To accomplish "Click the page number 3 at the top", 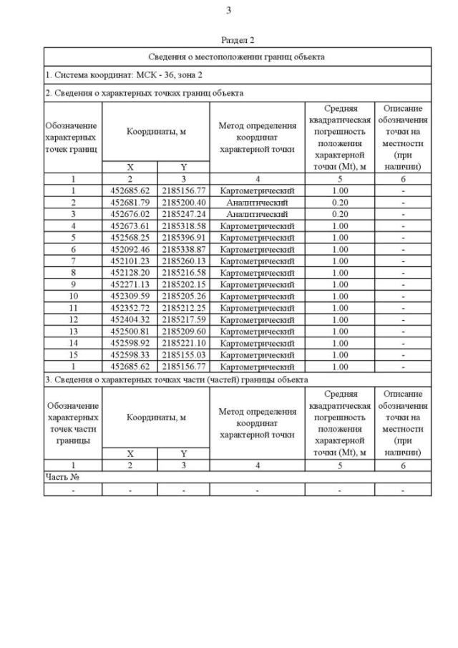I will [x=228, y=10].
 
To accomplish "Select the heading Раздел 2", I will [x=238, y=40].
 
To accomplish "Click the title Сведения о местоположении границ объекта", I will [x=237, y=56].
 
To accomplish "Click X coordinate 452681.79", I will [x=130, y=203].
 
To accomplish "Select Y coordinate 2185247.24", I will [x=183, y=214].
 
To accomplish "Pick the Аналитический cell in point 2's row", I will [x=257, y=203].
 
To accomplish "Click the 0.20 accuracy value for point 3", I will [x=340, y=214].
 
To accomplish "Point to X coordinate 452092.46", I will [x=130, y=249].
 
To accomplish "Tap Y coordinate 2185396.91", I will [x=183, y=238].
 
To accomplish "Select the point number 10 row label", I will [x=73, y=296].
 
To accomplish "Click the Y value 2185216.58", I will [x=183, y=273].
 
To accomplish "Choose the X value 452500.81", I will [x=130, y=332].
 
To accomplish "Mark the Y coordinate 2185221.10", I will [x=183, y=343].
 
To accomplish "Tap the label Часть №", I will [x=60, y=477].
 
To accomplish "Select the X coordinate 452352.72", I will [x=130, y=308].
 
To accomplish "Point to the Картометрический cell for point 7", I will [x=257, y=261].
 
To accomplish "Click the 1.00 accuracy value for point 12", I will [x=340, y=320].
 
